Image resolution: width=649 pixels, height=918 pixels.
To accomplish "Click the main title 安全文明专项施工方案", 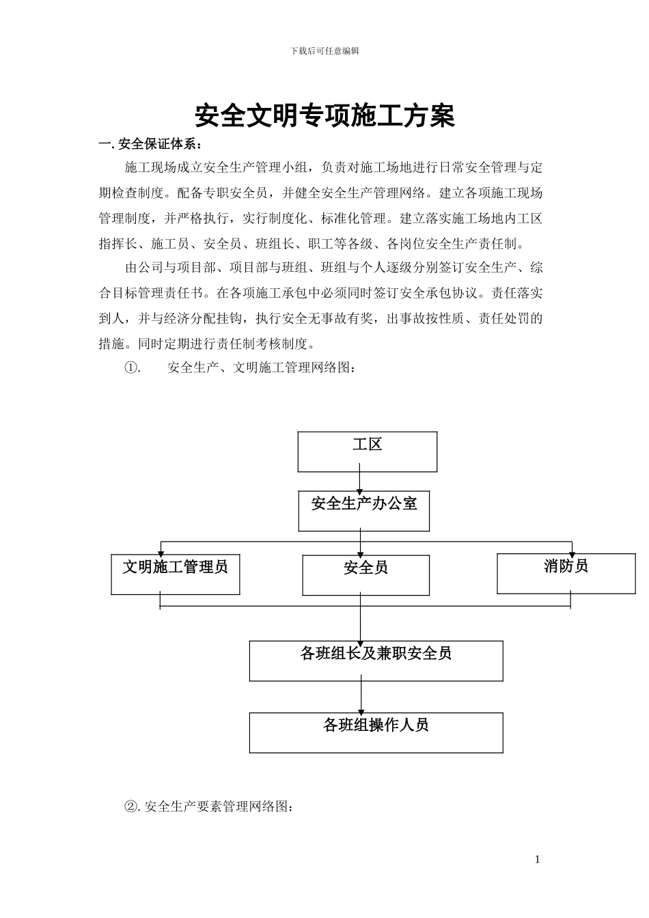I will pyautogui.click(x=324, y=116).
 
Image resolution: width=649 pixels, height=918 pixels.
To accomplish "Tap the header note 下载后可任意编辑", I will pyautogui.click(x=324, y=51).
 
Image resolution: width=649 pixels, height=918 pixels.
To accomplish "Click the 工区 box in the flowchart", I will pyautogui.click(x=368, y=451).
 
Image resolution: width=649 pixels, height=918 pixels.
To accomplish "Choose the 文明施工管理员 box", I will pyautogui.click(x=176, y=574).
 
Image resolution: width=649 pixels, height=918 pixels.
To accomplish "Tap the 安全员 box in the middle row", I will pyautogui.click(x=366, y=574).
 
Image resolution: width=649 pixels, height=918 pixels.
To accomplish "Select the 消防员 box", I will pyautogui.click(x=566, y=573).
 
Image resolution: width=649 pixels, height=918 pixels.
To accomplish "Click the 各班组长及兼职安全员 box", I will pyautogui.click(x=376, y=660).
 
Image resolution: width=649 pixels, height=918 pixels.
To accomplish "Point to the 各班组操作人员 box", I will pyautogui.click(x=376, y=732).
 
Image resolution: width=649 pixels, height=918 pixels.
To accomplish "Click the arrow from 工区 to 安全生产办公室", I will pyautogui.click(x=360, y=481).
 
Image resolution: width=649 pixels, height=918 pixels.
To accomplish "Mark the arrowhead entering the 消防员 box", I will pyautogui.click(x=572, y=551).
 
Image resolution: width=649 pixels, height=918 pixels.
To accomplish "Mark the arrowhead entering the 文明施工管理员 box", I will pyautogui.click(x=161, y=551).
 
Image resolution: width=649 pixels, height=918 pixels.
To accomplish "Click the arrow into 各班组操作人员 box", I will pyautogui.click(x=361, y=707).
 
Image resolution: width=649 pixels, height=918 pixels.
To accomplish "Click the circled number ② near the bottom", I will pyautogui.click(x=130, y=807).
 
